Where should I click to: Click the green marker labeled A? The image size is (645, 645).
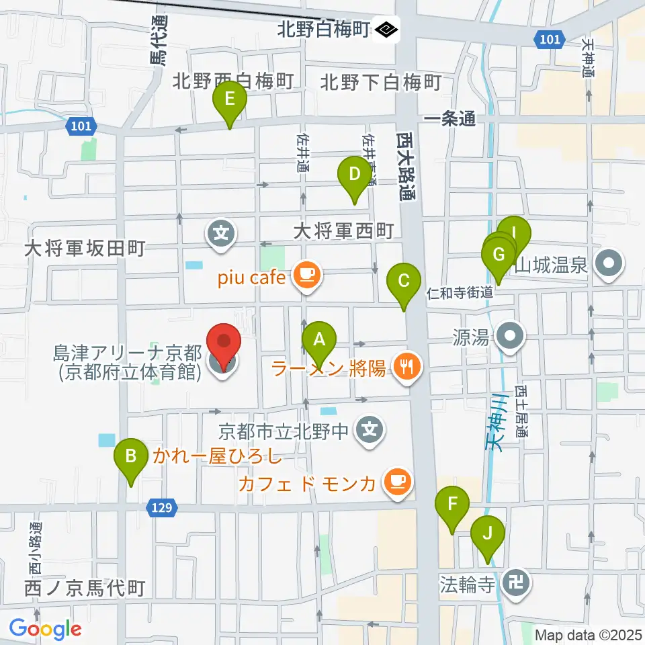tap(319, 340)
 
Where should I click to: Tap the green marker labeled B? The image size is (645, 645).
tap(131, 457)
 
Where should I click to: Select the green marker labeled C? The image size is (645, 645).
tap(404, 281)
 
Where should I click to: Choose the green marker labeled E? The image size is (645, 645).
tap(230, 100)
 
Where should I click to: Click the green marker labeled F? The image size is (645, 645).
tap(453, 504)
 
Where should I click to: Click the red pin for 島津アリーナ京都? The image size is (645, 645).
tap(222, 343)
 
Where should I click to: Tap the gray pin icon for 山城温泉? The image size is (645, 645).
tap(609, 263)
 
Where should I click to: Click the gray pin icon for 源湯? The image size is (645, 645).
tap(511, 336)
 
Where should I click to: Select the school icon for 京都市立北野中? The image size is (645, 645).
tap(369, 428)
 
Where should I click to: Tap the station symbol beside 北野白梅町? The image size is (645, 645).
tap(388, 30)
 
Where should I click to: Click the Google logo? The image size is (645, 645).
tap(46, 629)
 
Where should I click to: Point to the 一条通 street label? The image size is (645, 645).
tap(450, 119)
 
